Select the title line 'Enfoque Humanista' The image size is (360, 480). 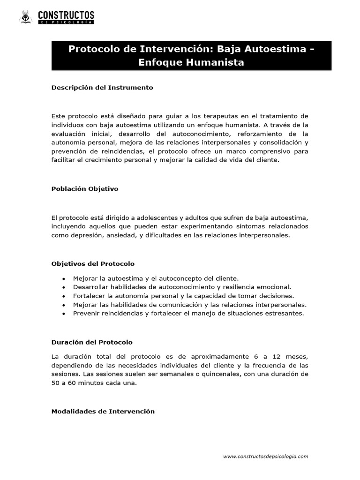191,62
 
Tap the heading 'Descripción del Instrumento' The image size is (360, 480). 102,88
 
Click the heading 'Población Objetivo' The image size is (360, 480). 85,189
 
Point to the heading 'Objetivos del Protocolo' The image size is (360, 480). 93,263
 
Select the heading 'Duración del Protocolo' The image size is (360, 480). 92,342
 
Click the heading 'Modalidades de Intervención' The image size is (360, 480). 103,411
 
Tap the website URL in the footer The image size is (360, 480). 265,456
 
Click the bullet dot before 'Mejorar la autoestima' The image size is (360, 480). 64,278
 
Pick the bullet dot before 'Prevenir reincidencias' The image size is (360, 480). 64,314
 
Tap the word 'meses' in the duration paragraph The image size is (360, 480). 297,357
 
